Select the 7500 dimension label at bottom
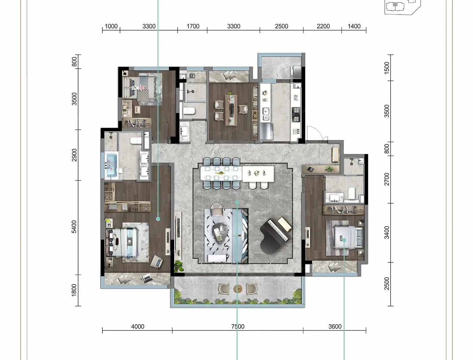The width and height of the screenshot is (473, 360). point(238,327)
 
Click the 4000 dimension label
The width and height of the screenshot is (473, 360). point(138,327)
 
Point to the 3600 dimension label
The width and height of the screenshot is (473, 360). point(335,327)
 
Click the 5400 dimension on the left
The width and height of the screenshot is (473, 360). point(74,227)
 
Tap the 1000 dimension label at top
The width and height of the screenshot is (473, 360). point(111,26)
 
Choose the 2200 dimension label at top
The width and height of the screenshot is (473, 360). point(323,26)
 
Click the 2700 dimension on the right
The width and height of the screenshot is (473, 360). point(387,179)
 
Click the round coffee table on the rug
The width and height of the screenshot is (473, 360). point(220,233)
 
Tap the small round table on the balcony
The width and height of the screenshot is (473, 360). point(238,289)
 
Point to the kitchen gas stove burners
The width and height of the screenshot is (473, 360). point(296,114)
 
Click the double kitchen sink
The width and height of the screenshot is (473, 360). point(266,114)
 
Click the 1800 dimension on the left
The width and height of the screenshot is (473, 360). point(74,290)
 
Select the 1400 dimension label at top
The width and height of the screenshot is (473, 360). point(354,26)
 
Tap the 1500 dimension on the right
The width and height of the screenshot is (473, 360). point(387,68)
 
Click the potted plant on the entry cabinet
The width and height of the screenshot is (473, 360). point(329,169)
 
